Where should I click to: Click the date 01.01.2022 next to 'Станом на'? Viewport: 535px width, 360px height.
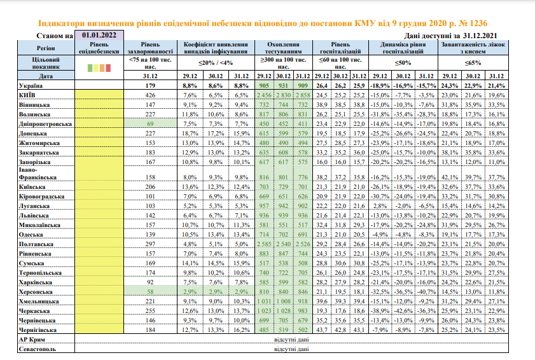[x=99, y=35]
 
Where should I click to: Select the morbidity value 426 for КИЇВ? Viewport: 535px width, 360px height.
[x=150, y=95]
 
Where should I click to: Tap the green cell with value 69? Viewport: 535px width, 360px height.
[x=150, y=124]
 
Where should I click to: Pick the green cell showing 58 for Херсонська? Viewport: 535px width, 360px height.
[x=150, y=291]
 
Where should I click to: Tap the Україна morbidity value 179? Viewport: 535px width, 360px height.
[x=150, y=85]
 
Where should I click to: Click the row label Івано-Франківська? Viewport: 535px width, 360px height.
[x=39, y=173]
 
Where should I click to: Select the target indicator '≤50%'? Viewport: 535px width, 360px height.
[x=403, y=62]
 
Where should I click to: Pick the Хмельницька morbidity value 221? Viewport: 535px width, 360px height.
[x=150, y=300]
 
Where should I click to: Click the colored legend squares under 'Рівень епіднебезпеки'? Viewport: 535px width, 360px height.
[x=98, y=66]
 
